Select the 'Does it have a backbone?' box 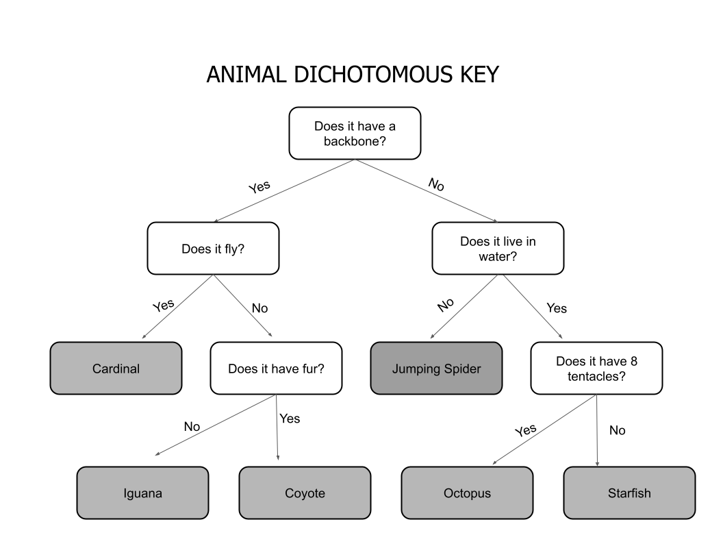(355, 133)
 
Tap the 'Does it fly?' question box (213, 248)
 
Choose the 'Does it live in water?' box (498, 248)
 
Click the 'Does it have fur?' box (276, 369)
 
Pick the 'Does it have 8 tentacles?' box (596, 369)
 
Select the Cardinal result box (116, 369)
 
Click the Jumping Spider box (436, 369)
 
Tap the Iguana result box (142, 493)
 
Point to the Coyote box (305, 493)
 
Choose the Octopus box (467, 493)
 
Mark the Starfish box (629, 493)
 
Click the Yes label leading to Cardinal (164, 304)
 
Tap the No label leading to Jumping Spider (446, 305)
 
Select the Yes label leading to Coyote (290, 419)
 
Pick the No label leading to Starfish (617, 431)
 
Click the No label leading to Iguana (192, 427)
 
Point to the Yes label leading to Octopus (525, 430)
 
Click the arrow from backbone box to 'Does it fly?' (284, 191)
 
